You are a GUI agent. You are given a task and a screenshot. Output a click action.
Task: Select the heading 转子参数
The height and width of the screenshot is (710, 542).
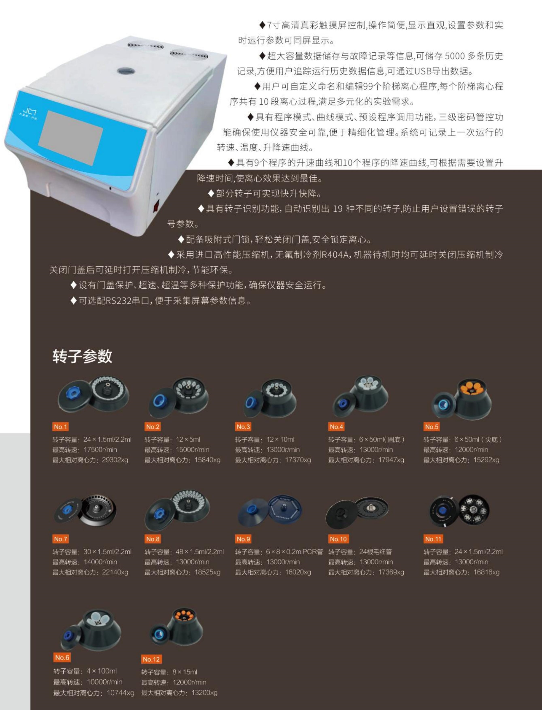82,356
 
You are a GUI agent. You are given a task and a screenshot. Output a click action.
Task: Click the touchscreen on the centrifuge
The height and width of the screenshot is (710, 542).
71,138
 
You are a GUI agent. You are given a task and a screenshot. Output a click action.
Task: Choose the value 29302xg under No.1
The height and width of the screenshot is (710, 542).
115,460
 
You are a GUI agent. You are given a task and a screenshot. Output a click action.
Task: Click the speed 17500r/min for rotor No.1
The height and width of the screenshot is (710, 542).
100,449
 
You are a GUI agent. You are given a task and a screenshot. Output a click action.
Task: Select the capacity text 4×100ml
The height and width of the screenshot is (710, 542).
102,671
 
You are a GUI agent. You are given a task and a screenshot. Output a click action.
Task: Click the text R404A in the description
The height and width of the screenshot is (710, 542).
335,255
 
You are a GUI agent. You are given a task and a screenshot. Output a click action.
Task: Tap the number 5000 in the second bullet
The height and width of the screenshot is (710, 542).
455,56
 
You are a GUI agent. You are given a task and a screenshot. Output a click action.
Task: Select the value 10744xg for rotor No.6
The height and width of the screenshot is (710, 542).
120,693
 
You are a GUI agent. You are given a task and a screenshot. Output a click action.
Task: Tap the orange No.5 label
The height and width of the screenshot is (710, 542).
432,426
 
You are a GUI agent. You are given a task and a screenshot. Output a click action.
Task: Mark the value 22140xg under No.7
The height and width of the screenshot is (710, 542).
115,572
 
